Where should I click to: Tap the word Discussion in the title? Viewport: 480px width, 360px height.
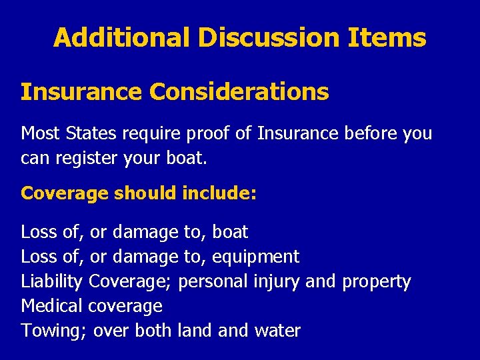269,37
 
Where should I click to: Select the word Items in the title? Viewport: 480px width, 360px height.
387,37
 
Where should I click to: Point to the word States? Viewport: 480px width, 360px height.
90,133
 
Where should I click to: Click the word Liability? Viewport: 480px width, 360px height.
51,281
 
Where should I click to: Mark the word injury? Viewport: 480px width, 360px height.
277,281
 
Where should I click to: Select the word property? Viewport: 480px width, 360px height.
376,281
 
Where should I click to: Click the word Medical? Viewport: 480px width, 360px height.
51,306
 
